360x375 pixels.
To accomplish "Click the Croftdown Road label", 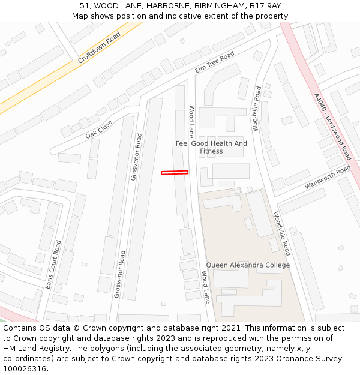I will point(99,47).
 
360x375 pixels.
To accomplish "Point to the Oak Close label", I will point(99,129).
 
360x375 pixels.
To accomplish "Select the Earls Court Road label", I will point(53,265).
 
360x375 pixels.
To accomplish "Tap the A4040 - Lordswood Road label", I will point(332,127).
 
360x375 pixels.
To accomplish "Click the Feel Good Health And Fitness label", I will point(211,148).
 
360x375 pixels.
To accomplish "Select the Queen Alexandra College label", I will point(248,265).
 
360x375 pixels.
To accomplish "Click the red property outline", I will point(175,173).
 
